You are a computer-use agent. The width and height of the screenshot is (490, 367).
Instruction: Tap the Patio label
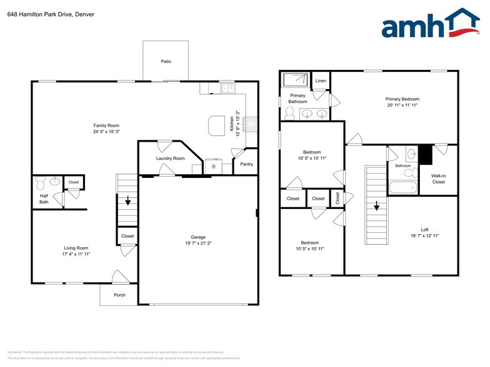[165, 61]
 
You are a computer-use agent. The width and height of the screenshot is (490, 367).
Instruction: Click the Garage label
[198, 237]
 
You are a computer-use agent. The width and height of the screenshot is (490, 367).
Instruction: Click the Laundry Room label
[170, 159]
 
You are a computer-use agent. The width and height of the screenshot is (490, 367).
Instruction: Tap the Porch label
[119, 295]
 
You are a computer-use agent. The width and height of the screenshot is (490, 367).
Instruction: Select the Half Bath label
[44, 199]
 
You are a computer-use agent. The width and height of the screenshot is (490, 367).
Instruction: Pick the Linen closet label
[321, 81]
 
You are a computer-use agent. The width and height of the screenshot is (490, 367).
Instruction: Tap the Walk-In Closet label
[438, 179]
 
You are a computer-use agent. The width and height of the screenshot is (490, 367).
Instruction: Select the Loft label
[424, 230]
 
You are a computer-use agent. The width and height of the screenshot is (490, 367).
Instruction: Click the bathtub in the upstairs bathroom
[402, 187]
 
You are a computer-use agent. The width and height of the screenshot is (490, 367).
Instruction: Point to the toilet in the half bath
[41, 183]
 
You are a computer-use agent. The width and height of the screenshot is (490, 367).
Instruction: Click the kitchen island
[217, 125]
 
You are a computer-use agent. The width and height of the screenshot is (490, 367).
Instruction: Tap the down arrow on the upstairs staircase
[377, 207]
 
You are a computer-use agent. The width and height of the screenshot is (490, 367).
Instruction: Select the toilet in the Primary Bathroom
[289, 113]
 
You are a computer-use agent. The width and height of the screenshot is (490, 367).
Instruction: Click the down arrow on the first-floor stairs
[127, 201]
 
